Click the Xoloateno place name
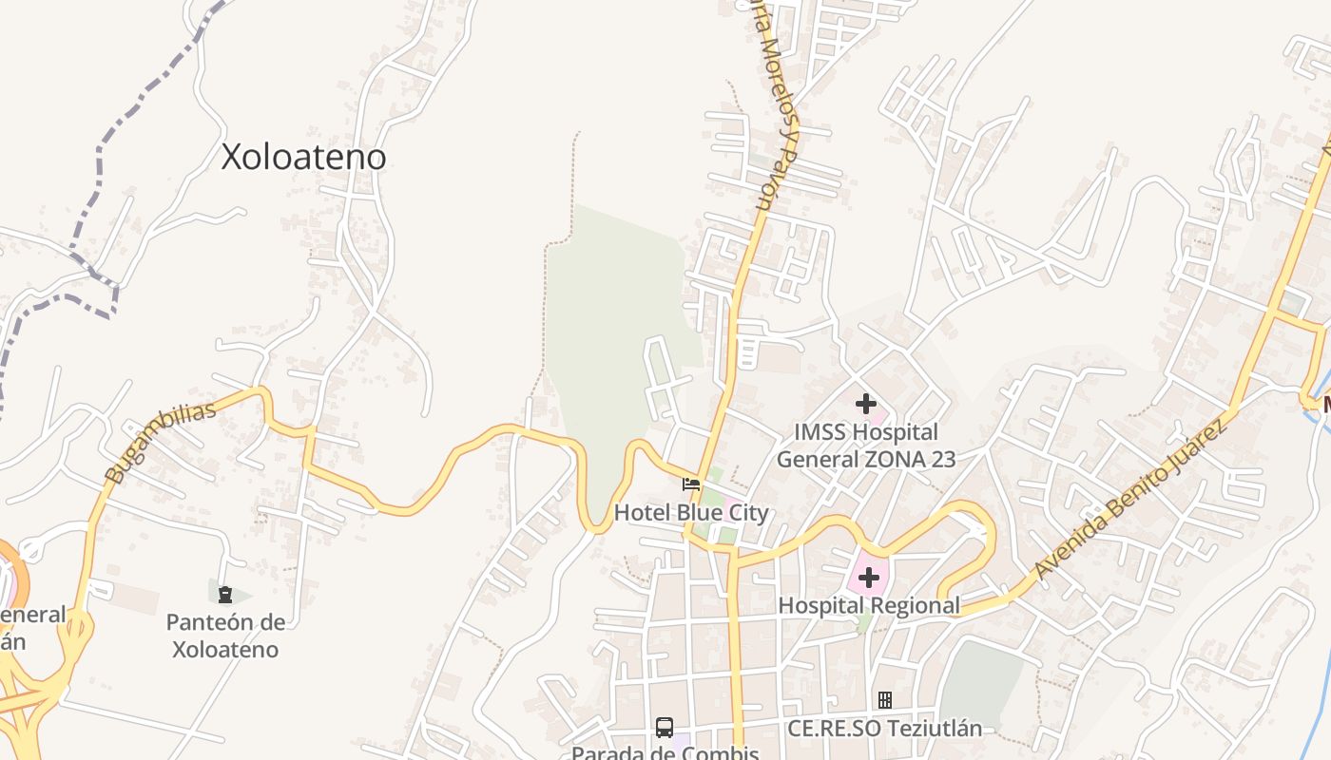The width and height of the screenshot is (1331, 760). (303, 157)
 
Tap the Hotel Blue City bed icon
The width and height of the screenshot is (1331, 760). (691, 484)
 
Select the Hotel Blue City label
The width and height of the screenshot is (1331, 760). (691, 513)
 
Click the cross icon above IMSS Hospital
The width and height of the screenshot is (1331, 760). (865, 404)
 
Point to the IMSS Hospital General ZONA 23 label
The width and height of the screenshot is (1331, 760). (865, 446)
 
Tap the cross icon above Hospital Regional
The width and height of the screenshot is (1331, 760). (868, 577)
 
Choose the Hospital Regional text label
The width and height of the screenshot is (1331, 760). (869, 605)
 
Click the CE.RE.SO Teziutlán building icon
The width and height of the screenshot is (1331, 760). (884, 700)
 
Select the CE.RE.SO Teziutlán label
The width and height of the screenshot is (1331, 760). (884, 729)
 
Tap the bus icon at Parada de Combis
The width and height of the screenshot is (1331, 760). (665, 728)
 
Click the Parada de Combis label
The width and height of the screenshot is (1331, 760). (665, 752)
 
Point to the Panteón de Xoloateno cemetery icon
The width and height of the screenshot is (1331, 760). (225, 595)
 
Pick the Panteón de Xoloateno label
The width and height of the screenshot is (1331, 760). (225, 636)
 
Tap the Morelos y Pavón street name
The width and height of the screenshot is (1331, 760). (775, 104)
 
